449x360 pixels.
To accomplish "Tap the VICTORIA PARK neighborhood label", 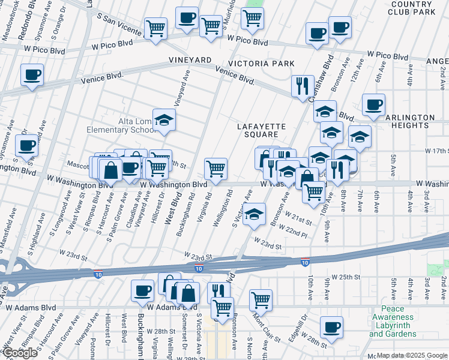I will [x=261, y=64].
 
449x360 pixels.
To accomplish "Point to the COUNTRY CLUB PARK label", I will [x=411, y=8].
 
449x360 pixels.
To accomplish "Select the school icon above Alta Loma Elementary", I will [x=164, y=120].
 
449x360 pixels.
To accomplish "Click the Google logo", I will [x=20, y=353].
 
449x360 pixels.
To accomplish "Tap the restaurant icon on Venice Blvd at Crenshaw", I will [x=302, y=85].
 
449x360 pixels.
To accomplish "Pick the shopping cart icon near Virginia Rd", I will [x=215, y=168].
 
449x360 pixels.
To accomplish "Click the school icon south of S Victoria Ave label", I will [x=255, y=214].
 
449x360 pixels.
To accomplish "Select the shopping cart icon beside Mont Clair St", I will [x=261, y=299].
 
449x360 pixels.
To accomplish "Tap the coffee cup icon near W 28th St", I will [x=331, y=327].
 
